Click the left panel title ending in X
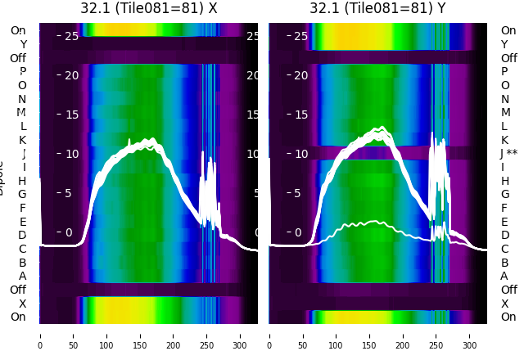coord(148,8)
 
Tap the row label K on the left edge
coord(23,140)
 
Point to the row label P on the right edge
coord(505,71)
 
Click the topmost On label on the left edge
coord(18,30)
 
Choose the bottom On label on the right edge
coord(508,317)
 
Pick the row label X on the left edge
coord(23,304)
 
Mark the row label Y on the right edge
coord(505,44)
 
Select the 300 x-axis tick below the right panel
coord(470,335)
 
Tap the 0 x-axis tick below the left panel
coord(40,335)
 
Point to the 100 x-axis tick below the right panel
coord(337,335)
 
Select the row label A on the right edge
coord(505,276)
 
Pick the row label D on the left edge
coord(23,236)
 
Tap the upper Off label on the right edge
coord(508,58)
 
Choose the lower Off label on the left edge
coord(18,290)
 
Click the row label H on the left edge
coord(23,181)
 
